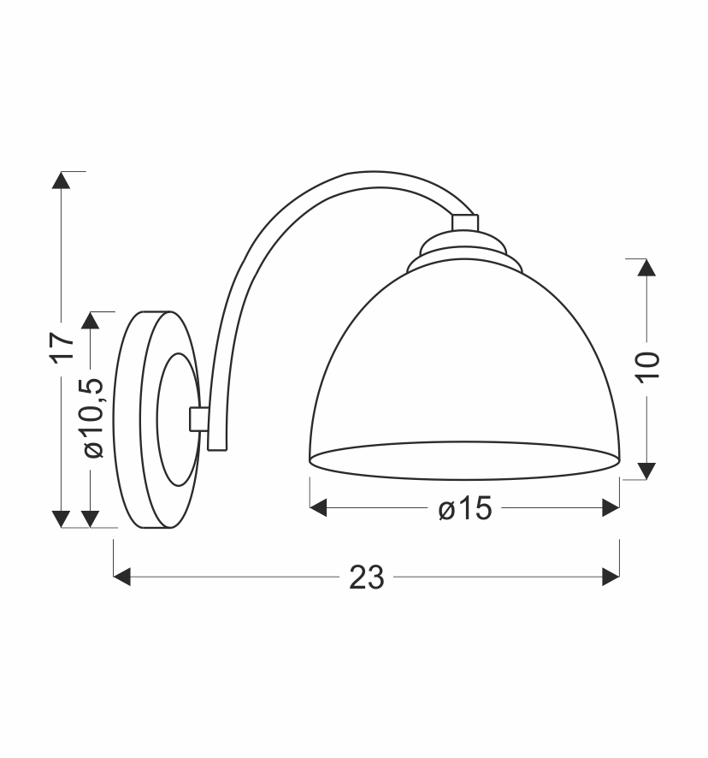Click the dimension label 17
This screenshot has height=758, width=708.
click(x=62, y=346)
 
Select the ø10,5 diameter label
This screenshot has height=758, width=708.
click(x=93, y=417)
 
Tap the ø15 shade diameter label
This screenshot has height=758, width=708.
click(x=465, y=508)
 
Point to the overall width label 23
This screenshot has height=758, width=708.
click(x=367, y=577)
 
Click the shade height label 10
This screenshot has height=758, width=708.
click(x=647, y=367)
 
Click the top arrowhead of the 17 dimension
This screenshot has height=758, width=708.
click(x=61, y=180)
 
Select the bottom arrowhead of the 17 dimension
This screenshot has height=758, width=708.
click(x=61, y=519)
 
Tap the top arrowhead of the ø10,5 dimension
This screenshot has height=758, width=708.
click(x=91, y=321)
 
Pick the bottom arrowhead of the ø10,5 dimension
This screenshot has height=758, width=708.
click(x=91, y=519)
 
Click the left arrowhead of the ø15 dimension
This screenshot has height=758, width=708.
click(x=318, y=508)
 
